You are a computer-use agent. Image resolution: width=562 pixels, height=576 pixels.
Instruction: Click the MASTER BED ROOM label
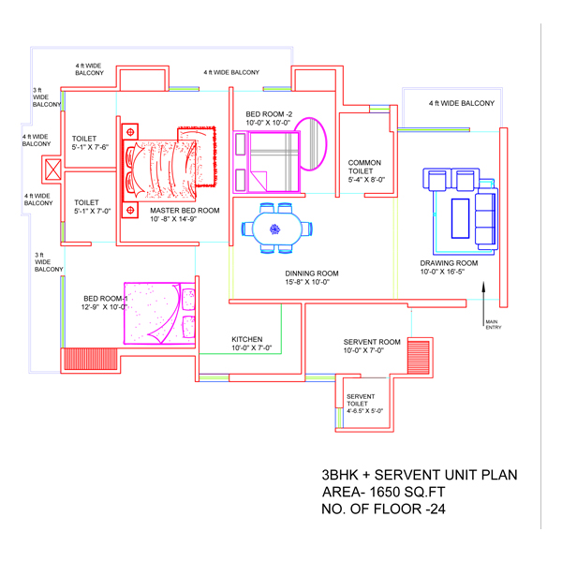click(x=185, y=211)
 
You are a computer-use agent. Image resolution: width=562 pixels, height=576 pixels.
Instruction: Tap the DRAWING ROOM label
click(x=449, y=263)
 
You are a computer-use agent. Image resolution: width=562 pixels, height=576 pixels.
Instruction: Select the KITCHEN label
click(x=247, y=339)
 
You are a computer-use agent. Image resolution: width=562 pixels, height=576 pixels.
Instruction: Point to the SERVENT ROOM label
click(x=372, y=342)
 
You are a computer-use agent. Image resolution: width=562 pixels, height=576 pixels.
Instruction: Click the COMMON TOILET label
click(x=364, y=167)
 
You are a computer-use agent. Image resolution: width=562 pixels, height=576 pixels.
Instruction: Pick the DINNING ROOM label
click(x=312, y=273)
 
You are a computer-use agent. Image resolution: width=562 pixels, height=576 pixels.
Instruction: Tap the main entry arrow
click(x=483, y=303)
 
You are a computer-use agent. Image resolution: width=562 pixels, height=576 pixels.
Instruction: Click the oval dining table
click(x=277, y=229)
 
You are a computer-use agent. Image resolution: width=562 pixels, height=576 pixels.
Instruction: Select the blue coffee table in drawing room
click(x=460, y=218)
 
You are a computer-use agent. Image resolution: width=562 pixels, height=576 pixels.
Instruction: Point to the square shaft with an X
click(x=53, y=170)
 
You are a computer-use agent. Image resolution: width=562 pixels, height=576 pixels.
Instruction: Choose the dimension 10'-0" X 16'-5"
click(x=442, y=272)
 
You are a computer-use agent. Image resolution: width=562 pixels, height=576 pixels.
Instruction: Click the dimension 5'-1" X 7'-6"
click(x=90, y=147)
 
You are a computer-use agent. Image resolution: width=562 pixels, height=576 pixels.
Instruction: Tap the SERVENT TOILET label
click(x=361, y=400)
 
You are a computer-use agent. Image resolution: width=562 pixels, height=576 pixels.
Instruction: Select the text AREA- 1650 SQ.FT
click(x=383, y=492)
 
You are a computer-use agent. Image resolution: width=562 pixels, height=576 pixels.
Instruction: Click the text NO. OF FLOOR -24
click(x=383, y=510)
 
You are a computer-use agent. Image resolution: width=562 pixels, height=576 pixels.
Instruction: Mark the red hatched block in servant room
click(x=419, y=357)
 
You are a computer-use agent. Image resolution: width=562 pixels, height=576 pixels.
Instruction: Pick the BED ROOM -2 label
click(x=269, y=114)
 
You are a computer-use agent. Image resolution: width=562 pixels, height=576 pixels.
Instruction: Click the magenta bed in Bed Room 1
click(x=159, y=314)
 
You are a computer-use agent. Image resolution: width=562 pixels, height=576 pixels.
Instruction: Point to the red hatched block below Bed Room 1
click(x=90, y=359)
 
